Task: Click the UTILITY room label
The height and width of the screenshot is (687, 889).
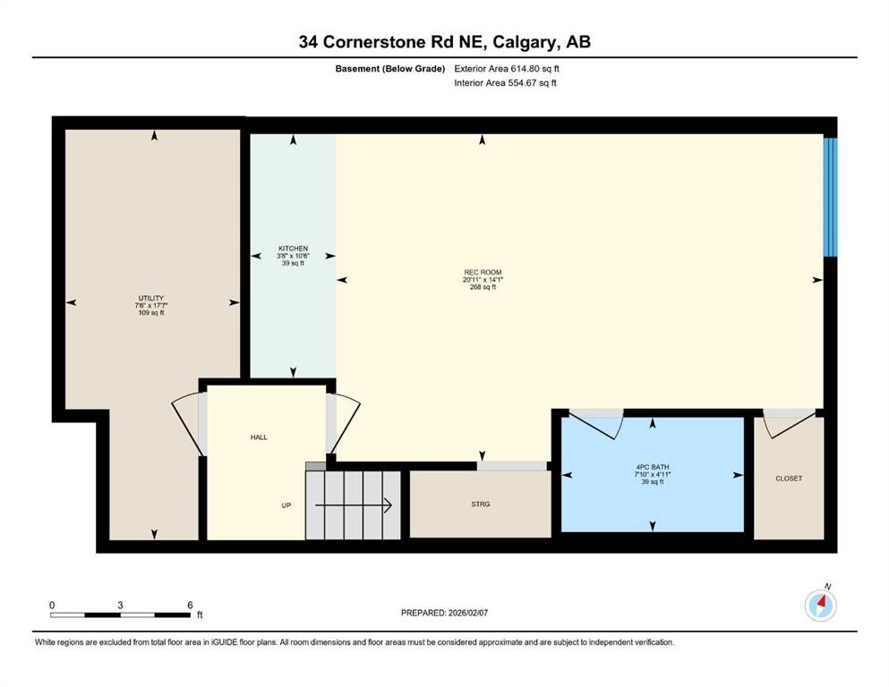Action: [x=151, y=298]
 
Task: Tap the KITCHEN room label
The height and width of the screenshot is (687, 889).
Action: [x=293, y=249]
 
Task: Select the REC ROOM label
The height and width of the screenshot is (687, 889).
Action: [x=482, y=272]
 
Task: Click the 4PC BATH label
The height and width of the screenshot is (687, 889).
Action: [x=652, y=467]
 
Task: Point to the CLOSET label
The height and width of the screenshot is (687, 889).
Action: [x=789, y=479]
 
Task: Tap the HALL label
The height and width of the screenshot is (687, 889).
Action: [x=259, y=437]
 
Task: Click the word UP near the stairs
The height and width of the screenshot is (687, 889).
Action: [x=286, y=505]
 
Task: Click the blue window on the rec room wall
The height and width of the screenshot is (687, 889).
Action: [x=830, y=196]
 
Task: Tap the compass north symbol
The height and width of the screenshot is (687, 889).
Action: [x=821, y=606]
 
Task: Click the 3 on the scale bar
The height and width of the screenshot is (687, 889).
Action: [x=120, y=605]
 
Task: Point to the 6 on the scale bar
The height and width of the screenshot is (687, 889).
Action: [x=190, y=605]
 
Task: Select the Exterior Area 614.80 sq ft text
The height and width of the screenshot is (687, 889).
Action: [x=507, y=68]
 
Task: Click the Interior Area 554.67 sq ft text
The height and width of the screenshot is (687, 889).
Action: [x=505, y=83]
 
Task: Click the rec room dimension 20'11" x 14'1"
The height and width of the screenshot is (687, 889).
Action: [x=482, y=280]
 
